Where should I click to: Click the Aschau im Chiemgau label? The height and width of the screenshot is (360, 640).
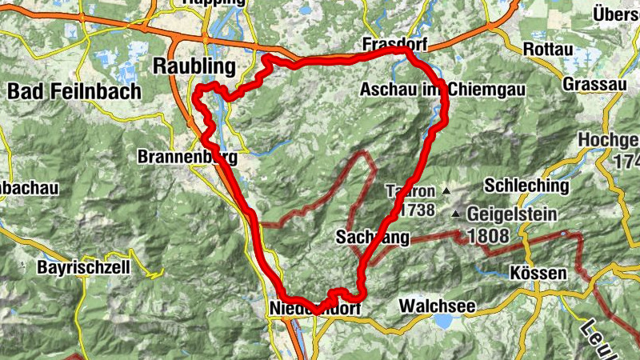click(442, 90)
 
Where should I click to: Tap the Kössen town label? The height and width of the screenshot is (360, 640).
click(538, 273)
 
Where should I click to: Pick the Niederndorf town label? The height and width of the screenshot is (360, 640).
click(315, 308)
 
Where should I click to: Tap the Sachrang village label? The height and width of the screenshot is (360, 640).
click(373, 237)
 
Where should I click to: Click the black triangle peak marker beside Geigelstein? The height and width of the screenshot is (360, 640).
click(456, 214)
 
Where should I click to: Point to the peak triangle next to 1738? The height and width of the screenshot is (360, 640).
click(446, 191)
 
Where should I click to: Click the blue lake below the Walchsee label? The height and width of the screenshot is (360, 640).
click(442, 322)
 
